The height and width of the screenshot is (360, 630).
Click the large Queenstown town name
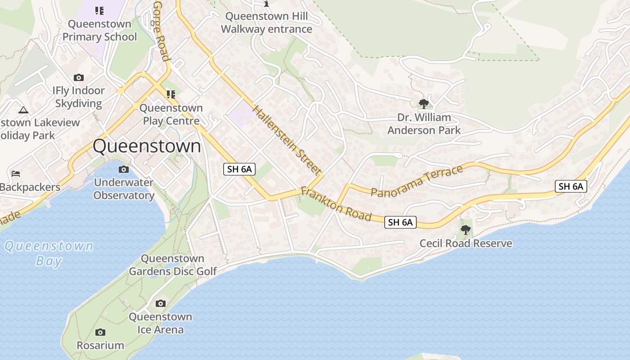(147, 147)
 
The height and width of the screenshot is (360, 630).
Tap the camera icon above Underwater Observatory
(123, 170)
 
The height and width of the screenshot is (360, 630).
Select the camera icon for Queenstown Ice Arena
(160, 304)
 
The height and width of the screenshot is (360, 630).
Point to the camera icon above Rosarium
(100, 333)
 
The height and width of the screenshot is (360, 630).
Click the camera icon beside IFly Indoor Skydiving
(79, 78)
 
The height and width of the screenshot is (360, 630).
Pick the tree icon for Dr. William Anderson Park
(423, 104)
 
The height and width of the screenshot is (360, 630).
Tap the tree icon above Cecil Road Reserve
(466, 230)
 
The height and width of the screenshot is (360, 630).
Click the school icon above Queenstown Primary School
(99, 10)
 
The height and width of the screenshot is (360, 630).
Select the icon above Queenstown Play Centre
(171, 94)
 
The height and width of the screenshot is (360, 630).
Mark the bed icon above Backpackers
(16, 173)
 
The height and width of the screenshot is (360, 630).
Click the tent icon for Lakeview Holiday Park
(23, 109)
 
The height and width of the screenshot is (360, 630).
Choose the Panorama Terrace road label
(417, 181)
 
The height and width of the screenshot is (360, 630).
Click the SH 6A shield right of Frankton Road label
(400, 222)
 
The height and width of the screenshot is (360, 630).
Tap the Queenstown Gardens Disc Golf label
(173, 265)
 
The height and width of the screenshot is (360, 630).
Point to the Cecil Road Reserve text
(466, 243)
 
